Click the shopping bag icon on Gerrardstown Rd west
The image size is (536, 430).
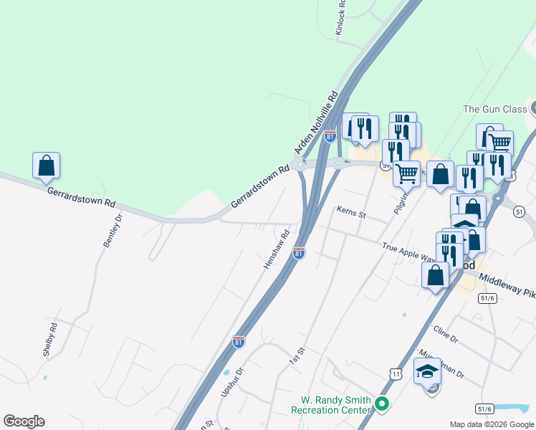47,166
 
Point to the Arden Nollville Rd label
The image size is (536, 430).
316,123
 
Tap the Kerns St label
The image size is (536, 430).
351,212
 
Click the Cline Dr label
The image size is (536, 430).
445,333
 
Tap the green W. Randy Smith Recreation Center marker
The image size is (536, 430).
382,405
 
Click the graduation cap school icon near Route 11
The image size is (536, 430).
428,371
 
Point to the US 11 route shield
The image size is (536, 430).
396,374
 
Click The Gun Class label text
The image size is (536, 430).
494,109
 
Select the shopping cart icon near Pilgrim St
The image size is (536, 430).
406,173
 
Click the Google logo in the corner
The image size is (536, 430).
24,421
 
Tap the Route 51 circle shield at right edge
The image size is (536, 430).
519,211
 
